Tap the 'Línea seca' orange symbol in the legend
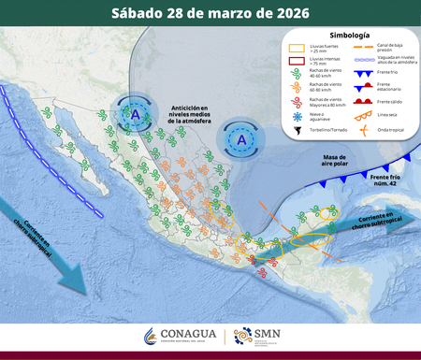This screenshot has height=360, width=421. (x=360, y=115)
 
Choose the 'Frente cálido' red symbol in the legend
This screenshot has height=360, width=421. (x=360, y=100)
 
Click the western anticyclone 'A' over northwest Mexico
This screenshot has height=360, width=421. (x=136, y=114)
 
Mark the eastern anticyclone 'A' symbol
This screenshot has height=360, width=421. (x=241, y=139)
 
